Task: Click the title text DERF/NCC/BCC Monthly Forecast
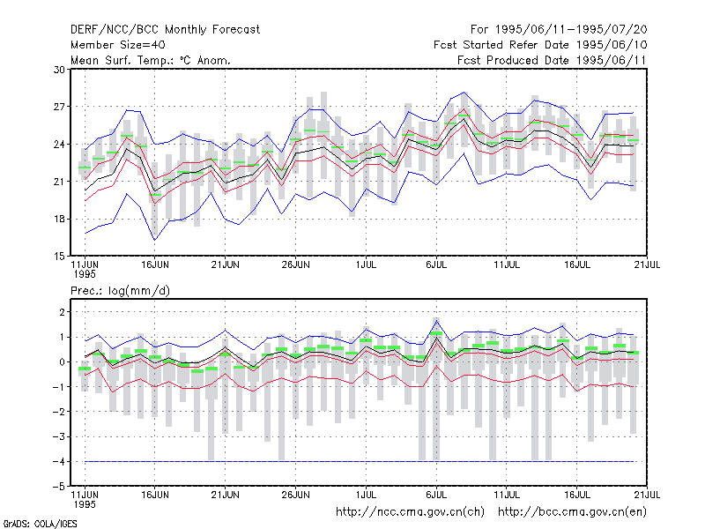[165, 30]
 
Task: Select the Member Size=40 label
[118, 45]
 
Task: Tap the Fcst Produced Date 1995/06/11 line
[553, 60]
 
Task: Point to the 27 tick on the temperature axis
[59, 107]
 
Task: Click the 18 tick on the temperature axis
[59, 219]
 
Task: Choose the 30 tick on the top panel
[59, 70]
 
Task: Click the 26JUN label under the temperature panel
[295, 265]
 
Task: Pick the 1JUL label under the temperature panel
[366, 265]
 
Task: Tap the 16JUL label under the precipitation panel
[577, 495]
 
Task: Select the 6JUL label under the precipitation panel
[436, 495]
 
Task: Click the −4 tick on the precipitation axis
[58, 461]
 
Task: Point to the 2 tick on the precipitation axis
[62, 312]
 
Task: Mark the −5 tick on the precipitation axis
[58, 487]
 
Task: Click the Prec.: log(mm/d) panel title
[120, 291]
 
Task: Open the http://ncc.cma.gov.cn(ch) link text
[410, 512]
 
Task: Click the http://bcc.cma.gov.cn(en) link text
[572, 512]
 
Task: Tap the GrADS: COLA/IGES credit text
[40, 524]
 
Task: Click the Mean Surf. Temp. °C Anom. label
[151, 60]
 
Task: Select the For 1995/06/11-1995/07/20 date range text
[559, 30]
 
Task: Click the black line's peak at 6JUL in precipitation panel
[436, 339]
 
